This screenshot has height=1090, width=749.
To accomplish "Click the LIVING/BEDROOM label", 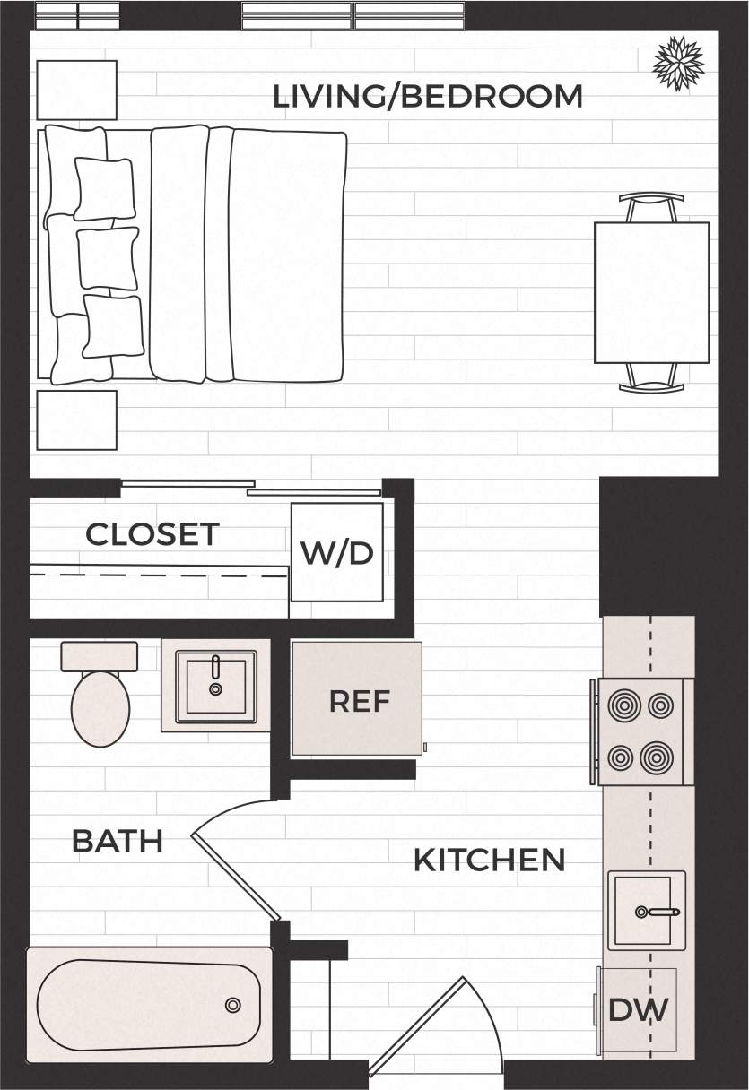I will [x=428, y=96].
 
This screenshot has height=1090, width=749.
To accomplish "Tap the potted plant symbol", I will [x=678, y=63].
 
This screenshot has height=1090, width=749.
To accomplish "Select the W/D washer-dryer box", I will [x=337, y=552].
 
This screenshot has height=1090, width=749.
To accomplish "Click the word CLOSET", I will [x=152, y=534].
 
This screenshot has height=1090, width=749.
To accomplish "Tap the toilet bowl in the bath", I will [x=100, y=708].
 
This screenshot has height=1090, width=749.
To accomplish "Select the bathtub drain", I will [x=233, y=1005].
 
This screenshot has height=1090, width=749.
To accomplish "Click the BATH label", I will [x=117, y=841].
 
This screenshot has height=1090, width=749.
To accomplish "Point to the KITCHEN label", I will [x=489, y=860].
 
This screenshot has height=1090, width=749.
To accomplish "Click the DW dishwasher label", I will [x=639, y=1010].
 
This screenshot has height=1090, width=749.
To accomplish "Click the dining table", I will [x=651, y=292].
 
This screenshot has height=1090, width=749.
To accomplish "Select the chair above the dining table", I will [x=651, y=207].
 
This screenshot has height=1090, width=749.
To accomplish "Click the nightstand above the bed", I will [x=76, y=90].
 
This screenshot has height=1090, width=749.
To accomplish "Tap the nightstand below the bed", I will [x=76, y=420].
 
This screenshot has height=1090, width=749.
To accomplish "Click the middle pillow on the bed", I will [x=108, y=258].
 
